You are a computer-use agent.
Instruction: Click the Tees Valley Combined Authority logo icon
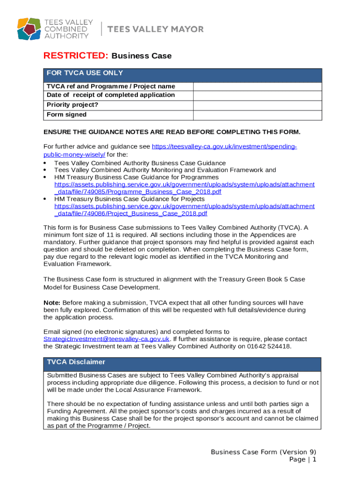coord(29,29)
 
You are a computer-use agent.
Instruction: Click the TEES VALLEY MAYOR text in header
coord(156,29)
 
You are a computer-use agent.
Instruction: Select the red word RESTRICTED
coord(75,56)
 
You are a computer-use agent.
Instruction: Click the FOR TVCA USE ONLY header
coord(85,73)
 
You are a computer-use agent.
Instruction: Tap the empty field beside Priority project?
coord(257,105)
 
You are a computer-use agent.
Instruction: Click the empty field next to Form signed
coord(257,115)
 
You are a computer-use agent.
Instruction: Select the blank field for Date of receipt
coord(257,95)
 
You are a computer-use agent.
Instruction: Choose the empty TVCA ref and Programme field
coord(257,87)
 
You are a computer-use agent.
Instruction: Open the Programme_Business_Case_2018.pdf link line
coord(138,192)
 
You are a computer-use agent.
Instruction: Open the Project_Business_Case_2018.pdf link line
coord(131,213)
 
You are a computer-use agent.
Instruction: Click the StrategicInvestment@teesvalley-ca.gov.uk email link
coord(106,339)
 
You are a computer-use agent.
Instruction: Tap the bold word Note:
coord(52,303)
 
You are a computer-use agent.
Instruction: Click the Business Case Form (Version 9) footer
coord(263,452)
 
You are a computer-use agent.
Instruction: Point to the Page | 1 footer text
coord(303,460)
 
